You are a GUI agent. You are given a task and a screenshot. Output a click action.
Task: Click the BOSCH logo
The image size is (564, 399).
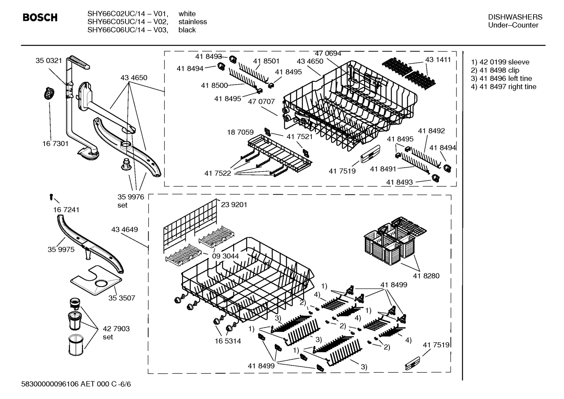40,18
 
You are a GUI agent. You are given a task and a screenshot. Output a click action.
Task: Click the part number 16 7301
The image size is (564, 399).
55,144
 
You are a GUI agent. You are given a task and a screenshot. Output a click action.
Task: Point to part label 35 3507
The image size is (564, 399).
122,298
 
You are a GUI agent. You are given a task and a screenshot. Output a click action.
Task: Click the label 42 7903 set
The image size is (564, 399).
116,332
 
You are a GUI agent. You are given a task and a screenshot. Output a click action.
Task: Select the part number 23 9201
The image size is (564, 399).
234,204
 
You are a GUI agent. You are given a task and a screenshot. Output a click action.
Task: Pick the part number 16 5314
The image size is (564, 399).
228,341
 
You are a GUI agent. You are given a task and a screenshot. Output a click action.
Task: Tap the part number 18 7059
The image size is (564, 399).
240,132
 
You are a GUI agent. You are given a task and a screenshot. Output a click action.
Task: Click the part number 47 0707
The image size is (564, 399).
261,101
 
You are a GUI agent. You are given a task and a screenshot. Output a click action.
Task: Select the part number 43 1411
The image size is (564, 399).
438,60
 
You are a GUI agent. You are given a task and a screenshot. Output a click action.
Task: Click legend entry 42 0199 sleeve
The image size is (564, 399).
500,62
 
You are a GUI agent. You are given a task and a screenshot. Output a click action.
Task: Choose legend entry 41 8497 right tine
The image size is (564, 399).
503,87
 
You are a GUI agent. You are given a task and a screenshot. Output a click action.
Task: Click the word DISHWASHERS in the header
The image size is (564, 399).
515,17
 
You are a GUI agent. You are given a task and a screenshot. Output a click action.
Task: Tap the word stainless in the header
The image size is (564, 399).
192,22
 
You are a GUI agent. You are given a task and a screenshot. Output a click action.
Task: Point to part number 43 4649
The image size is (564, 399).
124,229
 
